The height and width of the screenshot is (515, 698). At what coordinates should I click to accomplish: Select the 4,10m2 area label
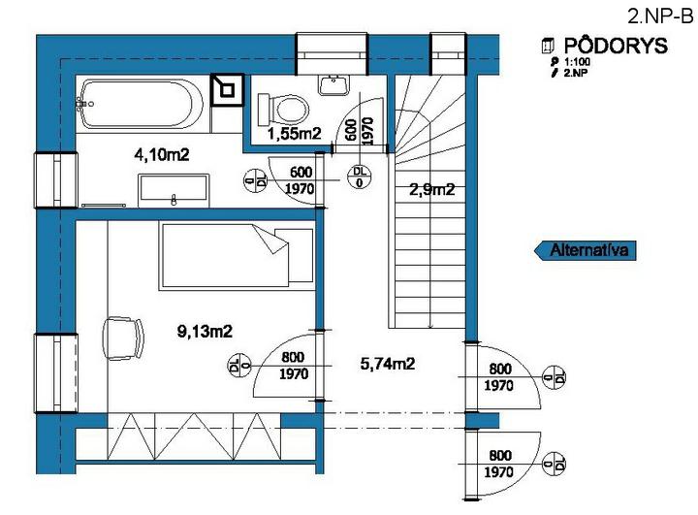point(162,154)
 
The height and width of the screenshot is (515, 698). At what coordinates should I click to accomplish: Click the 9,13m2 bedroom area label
point(205,331)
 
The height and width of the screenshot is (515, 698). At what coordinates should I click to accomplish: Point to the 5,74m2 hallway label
point(387,364)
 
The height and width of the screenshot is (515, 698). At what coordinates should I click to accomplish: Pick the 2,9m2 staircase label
point(431,190)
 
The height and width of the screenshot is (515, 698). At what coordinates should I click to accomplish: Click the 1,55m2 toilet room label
point(294,133)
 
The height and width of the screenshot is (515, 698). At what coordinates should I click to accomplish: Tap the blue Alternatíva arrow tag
point(585,250)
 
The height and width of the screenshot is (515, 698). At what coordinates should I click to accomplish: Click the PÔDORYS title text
point(617,46)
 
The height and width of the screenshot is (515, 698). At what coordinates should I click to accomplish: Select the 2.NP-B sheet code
point(660,16)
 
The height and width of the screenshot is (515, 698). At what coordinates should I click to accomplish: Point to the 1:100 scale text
point(578,62)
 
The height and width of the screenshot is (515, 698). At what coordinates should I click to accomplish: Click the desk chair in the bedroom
point(123,338)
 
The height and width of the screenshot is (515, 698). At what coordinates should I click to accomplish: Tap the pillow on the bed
point(294,255)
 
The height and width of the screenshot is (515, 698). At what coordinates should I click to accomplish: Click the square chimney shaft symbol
point(227,90)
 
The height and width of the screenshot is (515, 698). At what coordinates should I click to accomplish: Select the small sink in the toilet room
point(333,84)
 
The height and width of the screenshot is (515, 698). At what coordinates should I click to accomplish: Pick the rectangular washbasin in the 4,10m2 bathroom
point(174,190)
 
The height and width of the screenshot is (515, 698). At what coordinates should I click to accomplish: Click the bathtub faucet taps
point(83,104)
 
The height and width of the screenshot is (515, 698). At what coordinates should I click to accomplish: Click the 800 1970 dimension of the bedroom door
point(294,366)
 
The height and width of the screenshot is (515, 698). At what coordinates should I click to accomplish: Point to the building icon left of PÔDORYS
point(548,46)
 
